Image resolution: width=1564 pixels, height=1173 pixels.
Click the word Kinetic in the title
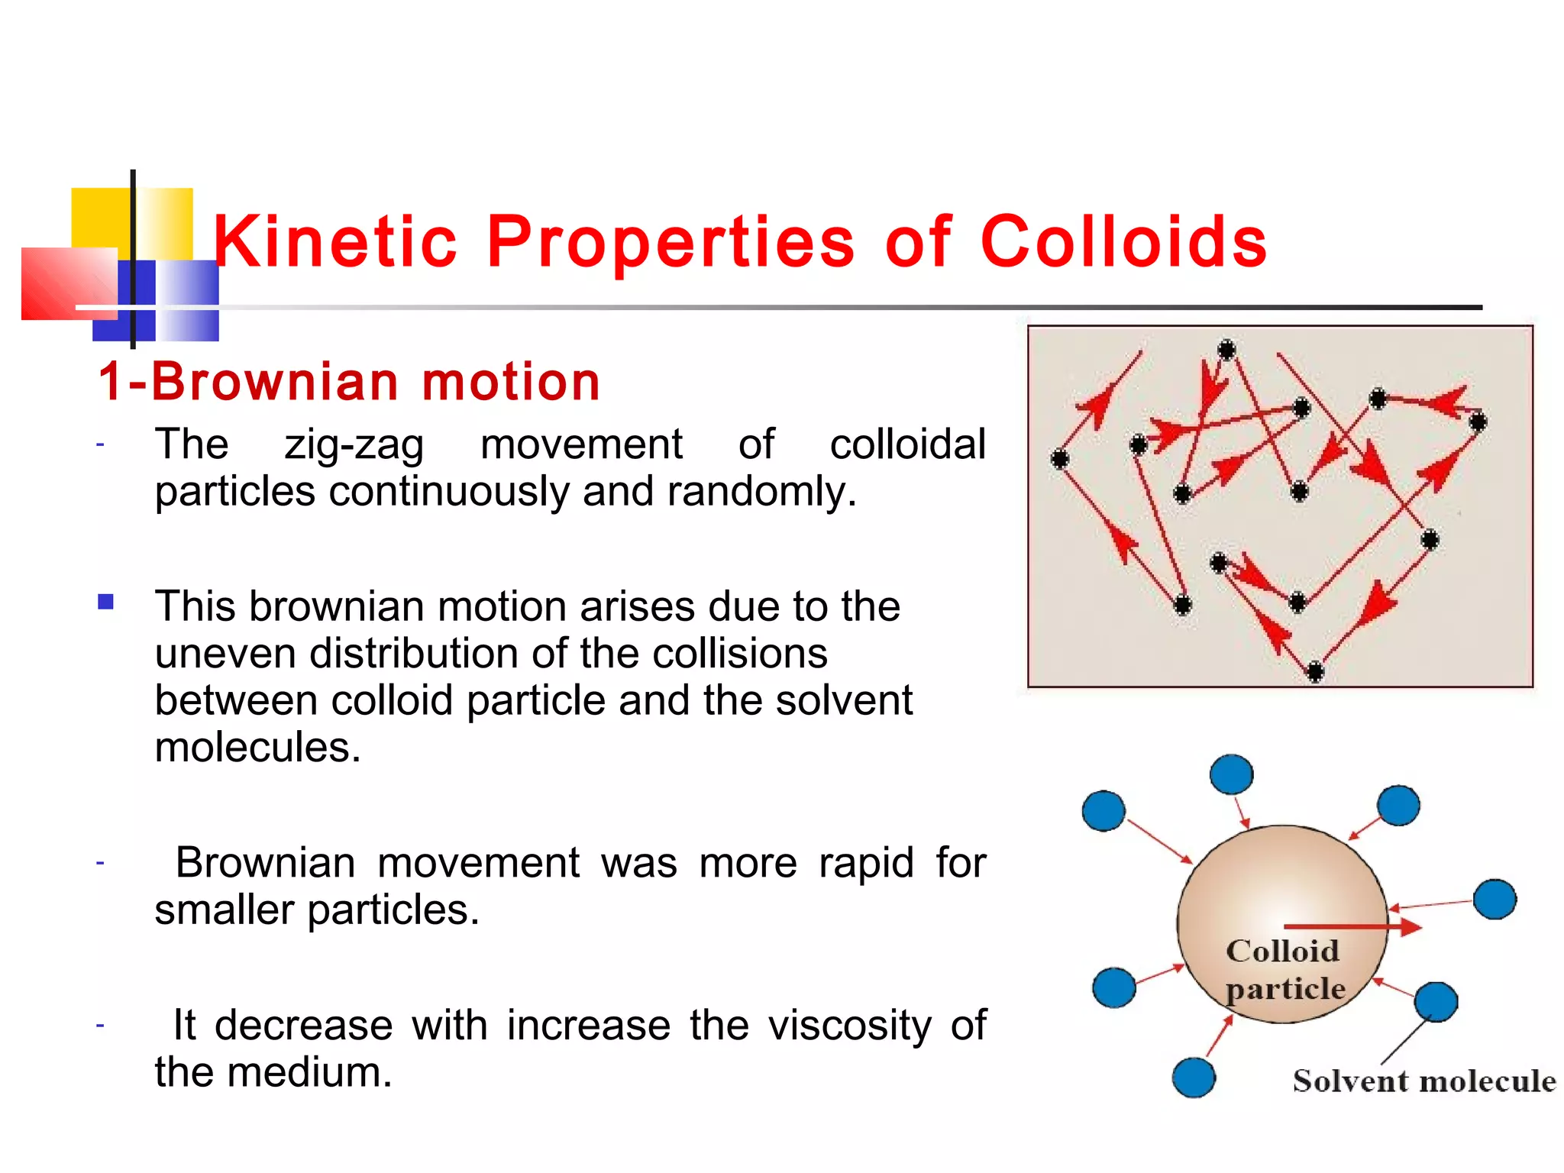334,242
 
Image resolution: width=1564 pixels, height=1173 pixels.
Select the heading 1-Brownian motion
349,381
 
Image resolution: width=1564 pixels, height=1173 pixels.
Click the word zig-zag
354,445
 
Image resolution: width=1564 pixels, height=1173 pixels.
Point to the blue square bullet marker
106,602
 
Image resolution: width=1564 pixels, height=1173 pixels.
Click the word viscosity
849,1025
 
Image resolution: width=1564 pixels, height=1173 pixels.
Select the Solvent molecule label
1423,1081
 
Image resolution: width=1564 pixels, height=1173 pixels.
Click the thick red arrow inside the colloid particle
1352,927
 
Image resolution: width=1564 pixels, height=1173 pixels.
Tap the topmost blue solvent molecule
1231,774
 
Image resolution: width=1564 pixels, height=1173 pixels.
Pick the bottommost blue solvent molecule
1194,1077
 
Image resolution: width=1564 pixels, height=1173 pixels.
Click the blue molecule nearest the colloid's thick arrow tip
1494,899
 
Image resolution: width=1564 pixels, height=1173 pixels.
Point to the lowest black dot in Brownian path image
1314,672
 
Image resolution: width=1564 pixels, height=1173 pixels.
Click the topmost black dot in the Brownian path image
1226,350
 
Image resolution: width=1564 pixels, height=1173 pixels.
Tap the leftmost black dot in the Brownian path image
1059,459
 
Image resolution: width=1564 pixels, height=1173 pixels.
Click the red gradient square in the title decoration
69,283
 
